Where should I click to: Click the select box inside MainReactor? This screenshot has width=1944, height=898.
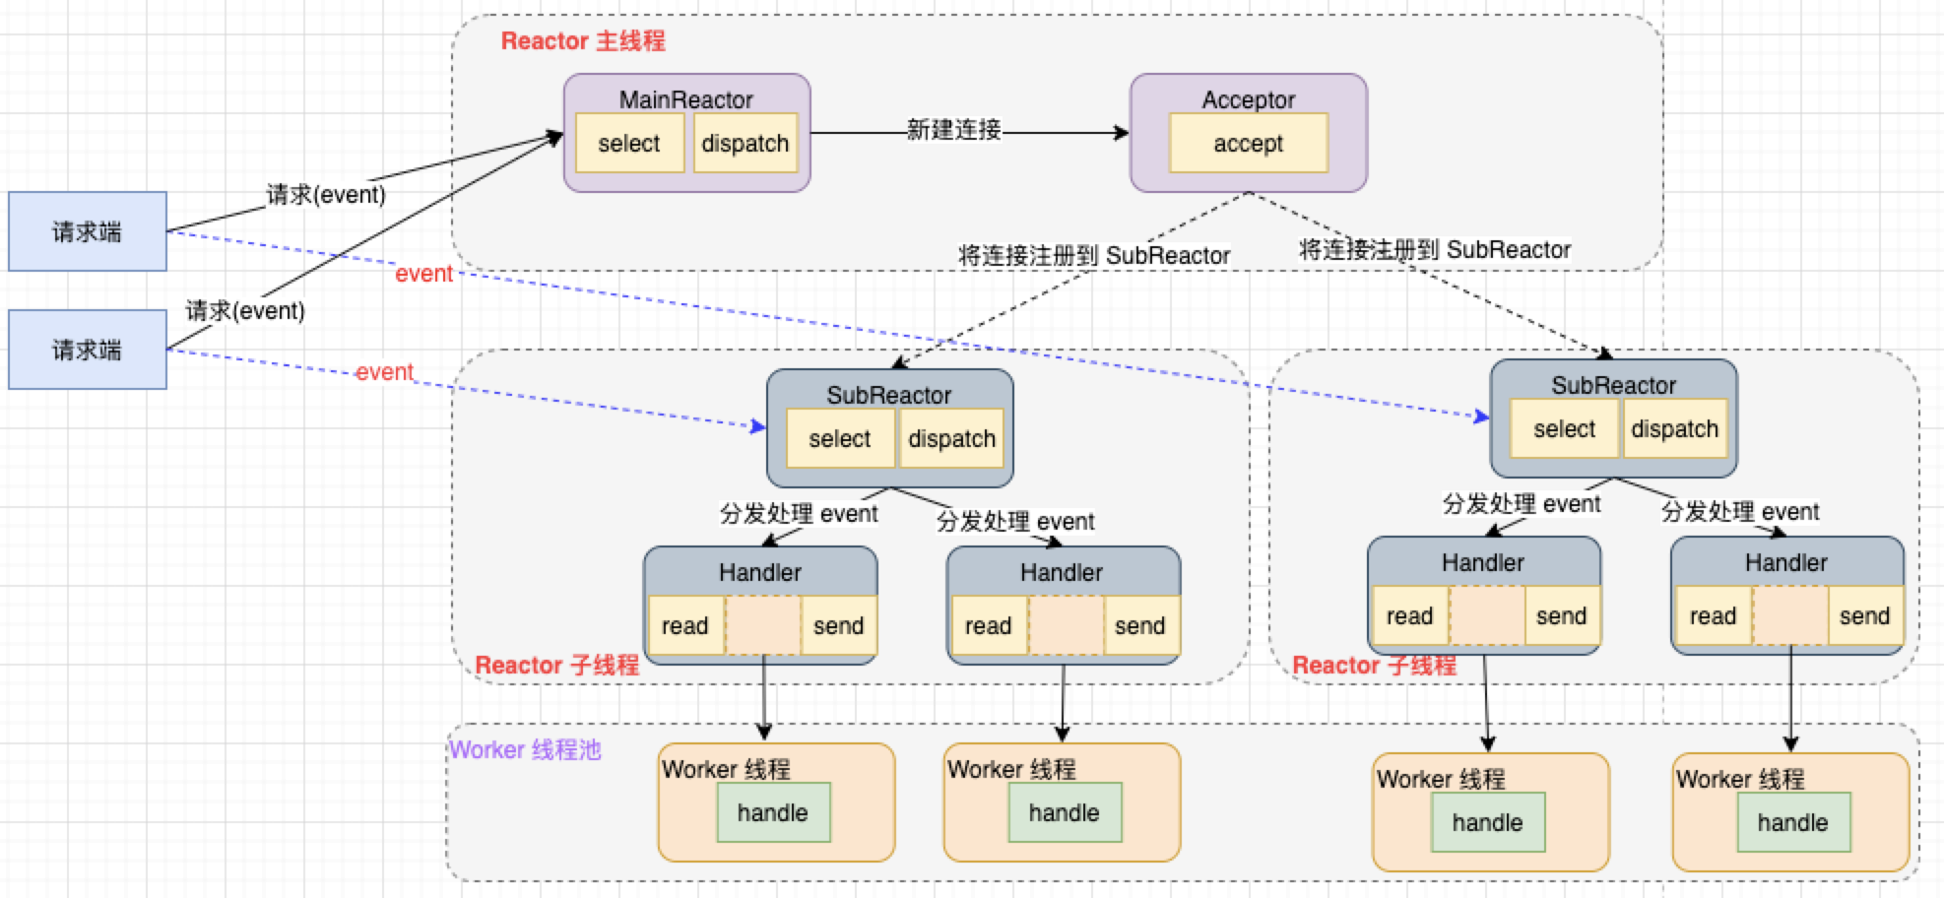pyautogui.click(x=629, y=144)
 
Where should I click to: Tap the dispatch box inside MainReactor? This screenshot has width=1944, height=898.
pyautogui.click(x=745, y=144)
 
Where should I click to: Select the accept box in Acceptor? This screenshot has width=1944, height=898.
pyautogui.click(x=1248, y=144)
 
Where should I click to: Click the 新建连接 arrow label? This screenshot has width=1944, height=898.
pyautogui.click(x=953, y=130)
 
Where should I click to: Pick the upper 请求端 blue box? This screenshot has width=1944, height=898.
pyautogui.click(x=88, y=231)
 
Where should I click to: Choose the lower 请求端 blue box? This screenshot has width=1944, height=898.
pyautogui.click(x=88, y=350)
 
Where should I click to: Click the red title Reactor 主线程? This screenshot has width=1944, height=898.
pyautogui.click(x=583, y=41)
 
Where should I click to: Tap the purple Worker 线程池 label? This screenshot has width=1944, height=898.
pyautogui.click(x=525, y=750)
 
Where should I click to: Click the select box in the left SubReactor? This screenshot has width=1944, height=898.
pyautogui.click(x=840, y=439)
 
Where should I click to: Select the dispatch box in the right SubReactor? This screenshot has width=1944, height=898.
pyautogui.click(x=1674, y=429)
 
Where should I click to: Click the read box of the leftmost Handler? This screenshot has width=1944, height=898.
pyautogui.click(x=685, y=625)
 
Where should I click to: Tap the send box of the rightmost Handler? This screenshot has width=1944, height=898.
pyautogui.click(x=1864, y=615)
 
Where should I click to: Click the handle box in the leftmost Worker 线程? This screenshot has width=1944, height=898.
pyautogui.click(x=773, y=812)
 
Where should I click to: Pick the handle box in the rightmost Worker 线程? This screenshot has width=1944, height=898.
pyautogui.click(x=1792, y=822)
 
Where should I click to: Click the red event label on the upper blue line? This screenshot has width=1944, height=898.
pyautogui.click(x=423, y=274)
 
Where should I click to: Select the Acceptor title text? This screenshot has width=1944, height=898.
pyautogui.click(x=1248, y=99)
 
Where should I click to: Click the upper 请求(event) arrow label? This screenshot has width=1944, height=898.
pyautogui.click(x=326, y=195)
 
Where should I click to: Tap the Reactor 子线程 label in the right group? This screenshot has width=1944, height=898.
pyautogui.click(x=1374, y=666)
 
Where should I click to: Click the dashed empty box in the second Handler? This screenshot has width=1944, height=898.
pyautogui.click(x=1066, y=625)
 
